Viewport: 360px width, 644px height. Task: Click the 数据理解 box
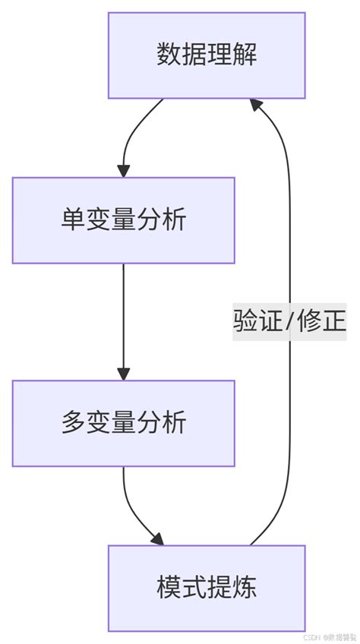click(x=207, y=55)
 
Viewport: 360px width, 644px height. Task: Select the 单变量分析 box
click(x=123, y=220)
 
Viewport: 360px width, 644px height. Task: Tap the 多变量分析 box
click(x=123, y=423)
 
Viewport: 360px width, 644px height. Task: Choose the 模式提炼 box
click(x=207, y=588)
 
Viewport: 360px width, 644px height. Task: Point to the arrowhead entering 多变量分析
click(x=123, y=373)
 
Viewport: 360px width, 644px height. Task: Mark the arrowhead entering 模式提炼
click(x=156, y=538)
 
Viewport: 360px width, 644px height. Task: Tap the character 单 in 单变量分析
click(x=73, y=220)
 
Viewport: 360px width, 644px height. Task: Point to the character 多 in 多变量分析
click(x=73, y=423)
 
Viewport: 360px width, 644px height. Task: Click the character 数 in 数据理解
click(x=169, y=55)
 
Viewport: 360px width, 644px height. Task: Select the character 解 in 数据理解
click(x=244, y=55)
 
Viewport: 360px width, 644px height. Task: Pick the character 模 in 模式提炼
click(x=169, y=588)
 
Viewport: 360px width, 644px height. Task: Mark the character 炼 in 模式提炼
click(x=244, y=588)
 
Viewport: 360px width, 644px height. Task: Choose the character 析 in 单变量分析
click(x=174, y=220)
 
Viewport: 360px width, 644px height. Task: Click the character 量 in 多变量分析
click(x=123, y=423)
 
